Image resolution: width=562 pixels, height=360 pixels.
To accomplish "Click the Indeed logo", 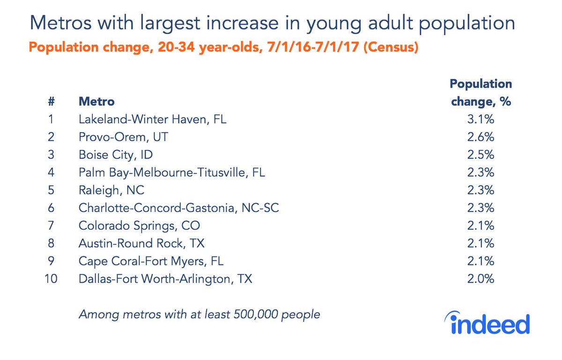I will pos(489,323).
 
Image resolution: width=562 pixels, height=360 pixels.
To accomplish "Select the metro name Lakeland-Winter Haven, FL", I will pos(152,120).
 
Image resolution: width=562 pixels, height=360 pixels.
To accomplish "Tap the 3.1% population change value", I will pos(481,120).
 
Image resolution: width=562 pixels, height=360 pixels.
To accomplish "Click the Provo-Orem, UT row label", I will pos(123,137).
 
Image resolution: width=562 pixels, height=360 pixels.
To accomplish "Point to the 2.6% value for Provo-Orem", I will pos(481,137).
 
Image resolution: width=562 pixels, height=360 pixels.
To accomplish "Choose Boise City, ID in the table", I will pos(116,155).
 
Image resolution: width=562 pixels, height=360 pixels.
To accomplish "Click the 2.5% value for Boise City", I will pos(481,155).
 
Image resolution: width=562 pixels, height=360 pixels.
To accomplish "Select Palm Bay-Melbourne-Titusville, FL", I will pos(171,172).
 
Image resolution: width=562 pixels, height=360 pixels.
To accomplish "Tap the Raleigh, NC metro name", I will pos(111,190).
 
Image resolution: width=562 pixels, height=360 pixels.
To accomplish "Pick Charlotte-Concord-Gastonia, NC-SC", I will pos(178,208).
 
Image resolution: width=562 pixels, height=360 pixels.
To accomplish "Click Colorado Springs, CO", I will pos(139,226).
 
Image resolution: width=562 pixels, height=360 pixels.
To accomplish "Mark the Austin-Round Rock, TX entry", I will pos(141,244).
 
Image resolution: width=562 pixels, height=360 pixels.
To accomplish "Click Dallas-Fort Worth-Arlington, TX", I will pos(165,279).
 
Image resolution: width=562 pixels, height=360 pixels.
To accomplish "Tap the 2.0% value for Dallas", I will pos(481,279).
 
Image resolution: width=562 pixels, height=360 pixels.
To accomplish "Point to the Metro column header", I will pos(96,101).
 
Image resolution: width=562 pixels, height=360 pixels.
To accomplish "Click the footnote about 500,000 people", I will pos(199,314).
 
